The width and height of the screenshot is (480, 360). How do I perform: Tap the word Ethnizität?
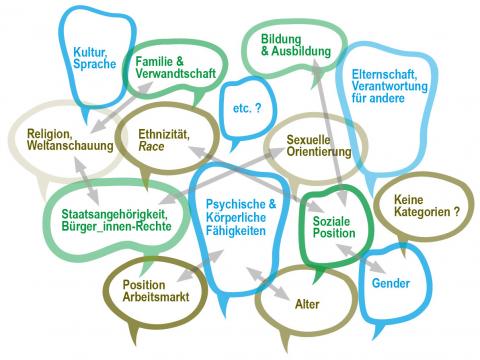pos(165,133)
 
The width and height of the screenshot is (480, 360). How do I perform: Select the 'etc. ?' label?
pos(245,106)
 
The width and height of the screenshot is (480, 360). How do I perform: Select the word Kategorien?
pos(421,212)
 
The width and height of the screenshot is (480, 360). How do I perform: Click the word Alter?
pos(307,302)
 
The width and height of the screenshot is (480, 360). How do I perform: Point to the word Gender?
pos(391,284)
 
